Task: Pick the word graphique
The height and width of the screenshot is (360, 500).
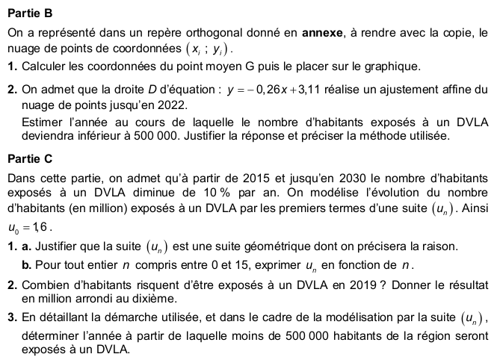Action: click(x=395, y=66)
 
